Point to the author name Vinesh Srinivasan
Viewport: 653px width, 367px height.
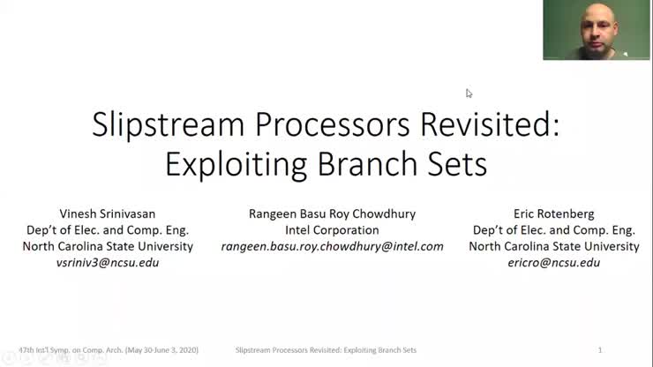pyautogui.click(x=108, y=213)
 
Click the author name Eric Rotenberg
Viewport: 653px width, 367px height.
pyautogui.click(x=553, y=213)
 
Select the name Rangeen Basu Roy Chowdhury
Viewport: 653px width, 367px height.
pyautogui.click(x=332, y=213)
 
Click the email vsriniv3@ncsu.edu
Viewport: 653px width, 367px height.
pyautogui.click(x=108, y=263)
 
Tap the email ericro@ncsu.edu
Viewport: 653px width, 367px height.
pyautogui.click(x=553, y=263)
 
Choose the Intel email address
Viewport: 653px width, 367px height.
pyautogui.click(x=332, y=247)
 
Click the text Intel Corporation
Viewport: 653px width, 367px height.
pyautogui.click(x=332, y=230)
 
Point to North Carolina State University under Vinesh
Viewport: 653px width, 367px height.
pyautogui.click(x=108, y=247)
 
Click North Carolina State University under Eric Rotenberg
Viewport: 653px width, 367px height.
pyautogui.click(x=553, y=247)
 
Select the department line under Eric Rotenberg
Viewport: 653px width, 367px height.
pyautogui.click(x=553, y=230)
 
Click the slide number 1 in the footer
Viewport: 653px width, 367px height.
pyautogui.click(x=600, y=350)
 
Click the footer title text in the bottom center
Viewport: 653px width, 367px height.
pyautogui.click(x=326, y=350)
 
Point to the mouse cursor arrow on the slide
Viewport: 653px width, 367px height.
pyautogui.click(x=469, y=93)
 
